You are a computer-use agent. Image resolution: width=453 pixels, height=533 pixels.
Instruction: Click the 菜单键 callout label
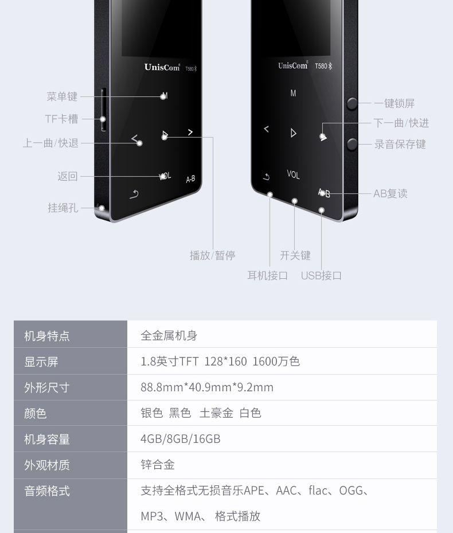[62, 97]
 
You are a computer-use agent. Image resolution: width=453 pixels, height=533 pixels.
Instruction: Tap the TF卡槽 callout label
[61, 119]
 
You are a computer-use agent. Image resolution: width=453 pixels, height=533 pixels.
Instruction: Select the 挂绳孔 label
[63, 208]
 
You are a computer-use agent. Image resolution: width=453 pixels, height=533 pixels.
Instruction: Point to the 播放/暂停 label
[212, 255]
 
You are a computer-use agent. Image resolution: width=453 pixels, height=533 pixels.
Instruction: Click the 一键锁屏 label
[394, 103]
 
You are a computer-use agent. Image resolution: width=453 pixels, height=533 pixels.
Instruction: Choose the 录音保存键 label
[400, 144]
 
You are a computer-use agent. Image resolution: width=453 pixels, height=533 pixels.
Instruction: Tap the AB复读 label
[390, 193]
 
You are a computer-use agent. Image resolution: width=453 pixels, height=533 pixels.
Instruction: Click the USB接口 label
[321, 275]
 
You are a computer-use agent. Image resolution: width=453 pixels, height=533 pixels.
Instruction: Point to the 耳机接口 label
[267, 275]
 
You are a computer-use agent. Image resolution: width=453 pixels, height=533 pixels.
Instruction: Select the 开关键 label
[295, 255]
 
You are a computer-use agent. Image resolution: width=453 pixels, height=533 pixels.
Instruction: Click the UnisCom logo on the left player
[162, 67]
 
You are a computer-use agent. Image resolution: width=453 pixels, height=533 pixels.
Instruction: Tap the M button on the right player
[293, 93]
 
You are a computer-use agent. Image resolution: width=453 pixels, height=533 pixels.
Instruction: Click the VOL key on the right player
[293, 174]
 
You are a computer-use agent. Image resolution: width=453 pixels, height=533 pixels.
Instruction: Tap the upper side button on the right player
[352, 103]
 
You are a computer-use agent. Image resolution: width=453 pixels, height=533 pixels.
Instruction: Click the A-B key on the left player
[190, 179]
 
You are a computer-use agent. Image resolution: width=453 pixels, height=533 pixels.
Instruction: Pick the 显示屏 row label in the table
[41, 361]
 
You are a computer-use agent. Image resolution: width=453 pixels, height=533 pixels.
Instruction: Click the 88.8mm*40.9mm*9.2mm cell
[207, 387]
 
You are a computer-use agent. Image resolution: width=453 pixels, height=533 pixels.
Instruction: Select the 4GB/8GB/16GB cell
[181, 439]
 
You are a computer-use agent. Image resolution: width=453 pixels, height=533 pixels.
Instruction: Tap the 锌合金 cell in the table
[158, 465]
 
